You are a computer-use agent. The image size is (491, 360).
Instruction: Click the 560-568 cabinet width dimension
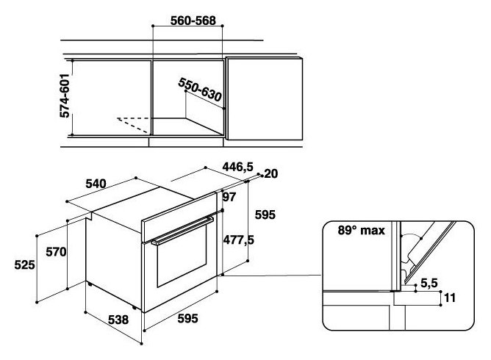(193, 21)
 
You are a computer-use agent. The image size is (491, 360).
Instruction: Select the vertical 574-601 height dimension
(65, 96)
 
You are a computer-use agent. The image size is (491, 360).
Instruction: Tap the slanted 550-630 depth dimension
(200, 90)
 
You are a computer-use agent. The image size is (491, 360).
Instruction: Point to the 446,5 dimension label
(237, 167)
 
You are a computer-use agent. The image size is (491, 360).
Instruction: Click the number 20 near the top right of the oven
(271, 173)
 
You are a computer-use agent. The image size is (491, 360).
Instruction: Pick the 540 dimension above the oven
(96, 184)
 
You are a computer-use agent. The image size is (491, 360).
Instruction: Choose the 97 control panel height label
(229, 197)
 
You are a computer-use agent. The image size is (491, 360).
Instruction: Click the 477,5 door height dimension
(239, 240)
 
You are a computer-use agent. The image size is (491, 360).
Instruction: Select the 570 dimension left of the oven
(56, 252)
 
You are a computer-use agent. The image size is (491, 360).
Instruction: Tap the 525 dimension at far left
(24, 264)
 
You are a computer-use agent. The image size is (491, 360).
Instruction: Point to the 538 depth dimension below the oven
(118, 320)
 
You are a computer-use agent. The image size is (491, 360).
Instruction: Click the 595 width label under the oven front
(187, 318)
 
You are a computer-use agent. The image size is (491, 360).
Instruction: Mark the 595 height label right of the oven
(265, 215)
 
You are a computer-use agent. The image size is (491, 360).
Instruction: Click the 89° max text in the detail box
(362, 231)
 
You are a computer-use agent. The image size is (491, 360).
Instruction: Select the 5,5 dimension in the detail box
(429, 283)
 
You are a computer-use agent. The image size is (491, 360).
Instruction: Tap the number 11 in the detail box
(450, 298)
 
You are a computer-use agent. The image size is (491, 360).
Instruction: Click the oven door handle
(182, 231)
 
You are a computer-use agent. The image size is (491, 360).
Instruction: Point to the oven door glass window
(182, 256)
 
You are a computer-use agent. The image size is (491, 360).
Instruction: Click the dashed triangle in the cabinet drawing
(134, 125)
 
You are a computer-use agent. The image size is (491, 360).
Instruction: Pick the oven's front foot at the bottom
(135, 308)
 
